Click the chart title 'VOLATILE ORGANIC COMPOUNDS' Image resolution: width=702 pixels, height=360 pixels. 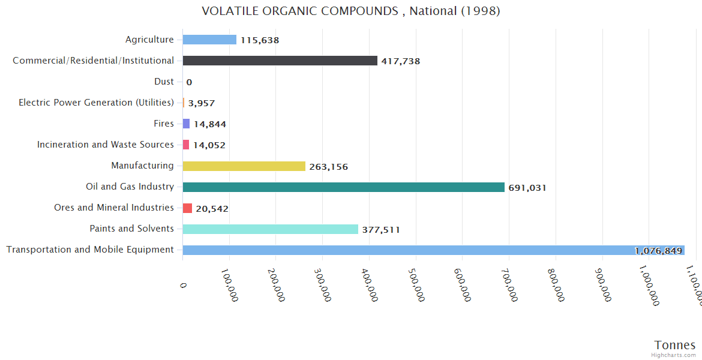pos(350,11)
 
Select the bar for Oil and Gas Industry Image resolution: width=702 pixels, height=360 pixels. pos(343,187)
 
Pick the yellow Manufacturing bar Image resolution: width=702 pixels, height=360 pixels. pos(244,166)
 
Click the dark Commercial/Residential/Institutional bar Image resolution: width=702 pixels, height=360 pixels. pos(280,61)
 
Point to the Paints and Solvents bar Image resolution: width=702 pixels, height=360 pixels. pos(270,229)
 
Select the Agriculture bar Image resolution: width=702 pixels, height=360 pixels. pos(209,40)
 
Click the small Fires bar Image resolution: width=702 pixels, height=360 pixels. pos(186,124)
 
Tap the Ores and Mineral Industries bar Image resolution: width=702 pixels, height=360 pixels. pos(187,208)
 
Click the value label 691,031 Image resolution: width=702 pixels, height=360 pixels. pos(527,188)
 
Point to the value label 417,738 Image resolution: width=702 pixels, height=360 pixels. pos(400,61)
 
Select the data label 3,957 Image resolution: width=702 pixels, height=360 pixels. pos(202,103)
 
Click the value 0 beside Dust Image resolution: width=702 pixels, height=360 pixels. pos(189,82)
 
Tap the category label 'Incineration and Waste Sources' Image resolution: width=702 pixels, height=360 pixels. pos(106,145)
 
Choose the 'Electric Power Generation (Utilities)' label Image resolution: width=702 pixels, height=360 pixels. pos(96,103)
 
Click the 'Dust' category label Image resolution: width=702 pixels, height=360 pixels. pos(164,82)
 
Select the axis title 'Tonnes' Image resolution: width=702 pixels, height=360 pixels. pos(675,344)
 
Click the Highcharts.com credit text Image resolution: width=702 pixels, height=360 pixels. pos(674,355)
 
